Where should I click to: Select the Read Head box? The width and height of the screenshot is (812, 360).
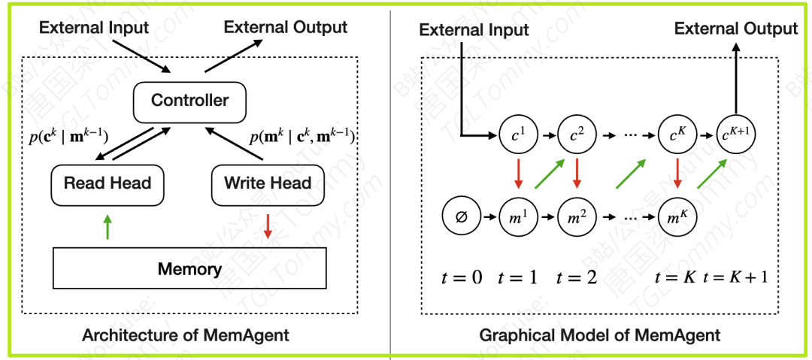tap(107, 184)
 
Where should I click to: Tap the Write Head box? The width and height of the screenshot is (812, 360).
tap(268, 184)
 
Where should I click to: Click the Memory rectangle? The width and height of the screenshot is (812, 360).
tap(189, 268)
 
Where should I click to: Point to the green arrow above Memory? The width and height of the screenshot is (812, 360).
tap(108, 226)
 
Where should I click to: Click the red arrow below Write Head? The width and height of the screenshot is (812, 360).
tap(268, 226)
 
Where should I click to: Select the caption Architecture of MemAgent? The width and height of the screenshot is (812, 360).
tap(185, 335)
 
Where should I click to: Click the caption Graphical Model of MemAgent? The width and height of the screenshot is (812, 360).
tap(600, 335)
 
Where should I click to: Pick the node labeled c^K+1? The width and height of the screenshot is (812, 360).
tap(736, 136)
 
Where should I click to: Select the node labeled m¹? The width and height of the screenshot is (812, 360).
tap(517, 218)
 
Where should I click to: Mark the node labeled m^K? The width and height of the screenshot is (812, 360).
tap(677, 218)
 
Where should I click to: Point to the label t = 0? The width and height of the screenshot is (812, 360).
tap(461, 277)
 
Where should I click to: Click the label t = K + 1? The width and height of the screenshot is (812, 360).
tap(735, 277)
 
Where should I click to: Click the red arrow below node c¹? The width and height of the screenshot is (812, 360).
tap(517, 174)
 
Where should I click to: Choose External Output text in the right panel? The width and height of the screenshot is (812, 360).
tap(735, 29)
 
